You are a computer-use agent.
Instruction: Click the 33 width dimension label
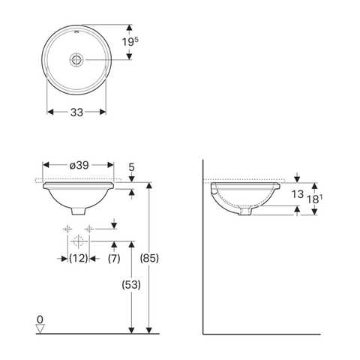pyautogui.click(x=76, y=112)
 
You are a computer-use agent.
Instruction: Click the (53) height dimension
pyautogui.click(x=130, y=286)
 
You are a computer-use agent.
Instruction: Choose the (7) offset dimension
pyautogui.click(x=114, y=259)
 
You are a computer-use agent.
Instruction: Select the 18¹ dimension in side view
pyautogui.click(x=317, y=199)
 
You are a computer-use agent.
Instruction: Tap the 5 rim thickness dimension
pyautogui.click(x=132, y=167)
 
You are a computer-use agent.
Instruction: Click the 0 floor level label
pyautogui.click(x=39, y=320)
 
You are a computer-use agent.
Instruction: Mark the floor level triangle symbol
pyautogui.click(x=40, y=328)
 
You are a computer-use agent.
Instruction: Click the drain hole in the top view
pyautogui.click(x=76, y=58)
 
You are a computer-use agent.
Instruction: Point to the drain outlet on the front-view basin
pyautogui.click(x=79, y=210)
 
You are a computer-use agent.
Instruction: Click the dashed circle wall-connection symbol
pyautogui.click(x=78, y=241)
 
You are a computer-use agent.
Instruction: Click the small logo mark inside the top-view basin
pyautogui.click(x=76, y=33)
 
